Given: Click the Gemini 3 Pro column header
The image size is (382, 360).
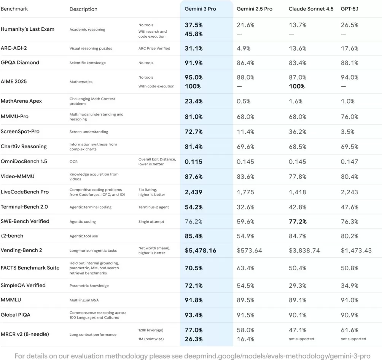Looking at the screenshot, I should pos(200,9).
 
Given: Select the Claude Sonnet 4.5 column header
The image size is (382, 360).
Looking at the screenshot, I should pos(309,9).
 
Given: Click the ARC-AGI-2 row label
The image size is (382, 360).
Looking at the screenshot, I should pos(14,48).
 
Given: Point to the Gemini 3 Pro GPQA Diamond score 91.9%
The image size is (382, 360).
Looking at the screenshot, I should pos(194,63).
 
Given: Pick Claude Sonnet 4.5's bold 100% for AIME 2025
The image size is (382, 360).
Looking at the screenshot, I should pos(297,86).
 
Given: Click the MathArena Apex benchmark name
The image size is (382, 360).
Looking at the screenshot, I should pos(21,101).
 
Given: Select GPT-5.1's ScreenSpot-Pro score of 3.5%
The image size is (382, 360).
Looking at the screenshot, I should pos(347,132).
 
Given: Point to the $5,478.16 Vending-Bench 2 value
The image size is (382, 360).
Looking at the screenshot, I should pos(201,251).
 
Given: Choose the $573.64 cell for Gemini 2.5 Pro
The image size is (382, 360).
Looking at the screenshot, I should pos(249,251).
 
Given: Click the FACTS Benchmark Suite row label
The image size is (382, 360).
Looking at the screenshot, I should pos(30,268).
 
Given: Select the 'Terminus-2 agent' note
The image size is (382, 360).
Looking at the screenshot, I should pos(153,207).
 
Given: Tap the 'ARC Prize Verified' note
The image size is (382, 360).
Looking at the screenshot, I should pos(154,48).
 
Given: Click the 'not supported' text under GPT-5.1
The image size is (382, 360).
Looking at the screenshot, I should pos(353,339).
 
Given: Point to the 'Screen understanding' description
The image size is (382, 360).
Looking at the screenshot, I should pos(89,132).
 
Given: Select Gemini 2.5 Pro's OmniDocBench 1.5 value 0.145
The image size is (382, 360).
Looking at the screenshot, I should pos(245,162).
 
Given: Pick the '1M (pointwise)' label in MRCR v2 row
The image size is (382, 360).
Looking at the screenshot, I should pos(151,339).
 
